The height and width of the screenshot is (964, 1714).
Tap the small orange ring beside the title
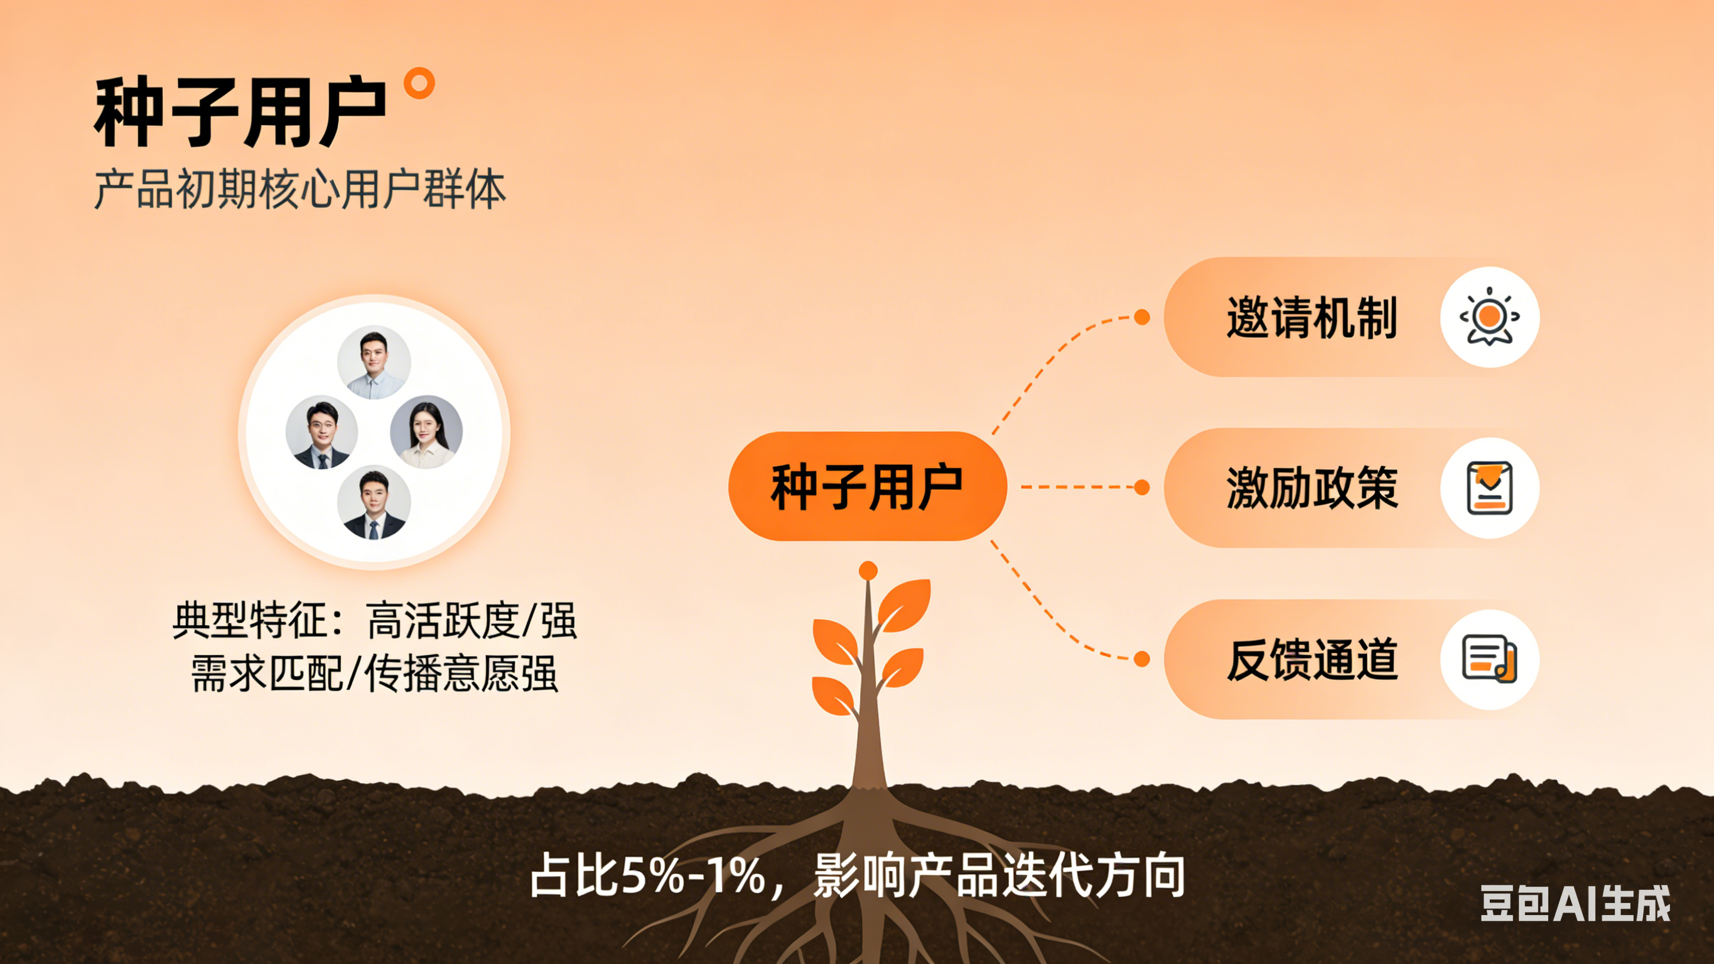[x=419, y=84]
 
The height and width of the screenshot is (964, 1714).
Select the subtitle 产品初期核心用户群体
[x=300, y=190]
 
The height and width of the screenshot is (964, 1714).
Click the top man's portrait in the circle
[x=374, y=362]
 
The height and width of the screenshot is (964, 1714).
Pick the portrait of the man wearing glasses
[x=322, y=433]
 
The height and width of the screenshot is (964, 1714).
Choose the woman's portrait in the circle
[x=426, y=433]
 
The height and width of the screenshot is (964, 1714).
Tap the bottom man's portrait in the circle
[x=374, y=502]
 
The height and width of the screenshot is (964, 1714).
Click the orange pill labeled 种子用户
[x=867, y=487]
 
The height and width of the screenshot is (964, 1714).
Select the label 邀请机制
[x=1312, y=318]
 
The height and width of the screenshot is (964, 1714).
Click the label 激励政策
[x=1312, y=488]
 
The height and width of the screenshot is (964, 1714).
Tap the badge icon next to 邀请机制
[x=1489, y=317]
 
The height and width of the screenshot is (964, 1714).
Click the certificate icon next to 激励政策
[x=1489, y=488]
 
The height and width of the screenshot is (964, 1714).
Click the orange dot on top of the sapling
[x=868, y=570]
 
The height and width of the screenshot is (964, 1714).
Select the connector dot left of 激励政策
[x=1142, y=487]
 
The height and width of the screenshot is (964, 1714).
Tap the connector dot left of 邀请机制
[x=1142, y=317]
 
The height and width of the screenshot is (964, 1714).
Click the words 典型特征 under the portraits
[x=250, y=620]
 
